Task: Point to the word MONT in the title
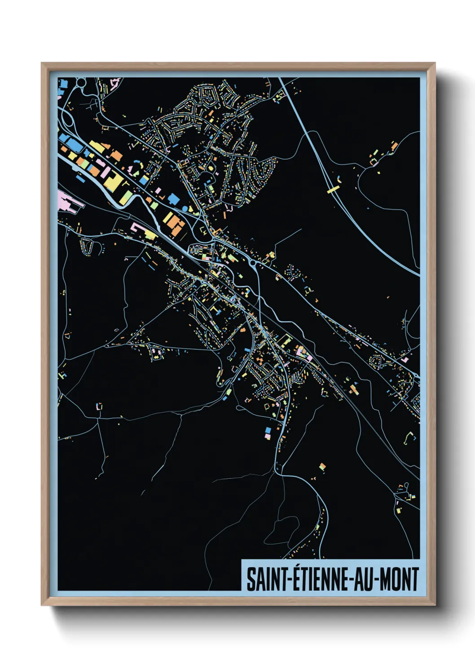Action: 399,579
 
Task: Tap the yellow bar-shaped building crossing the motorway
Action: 333,190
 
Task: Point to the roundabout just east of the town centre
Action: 252,263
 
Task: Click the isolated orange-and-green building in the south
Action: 322,467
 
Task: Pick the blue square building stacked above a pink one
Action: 268,430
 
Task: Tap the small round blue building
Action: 185,209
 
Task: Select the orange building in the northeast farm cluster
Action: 394,146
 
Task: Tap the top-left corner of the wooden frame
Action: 42,63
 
